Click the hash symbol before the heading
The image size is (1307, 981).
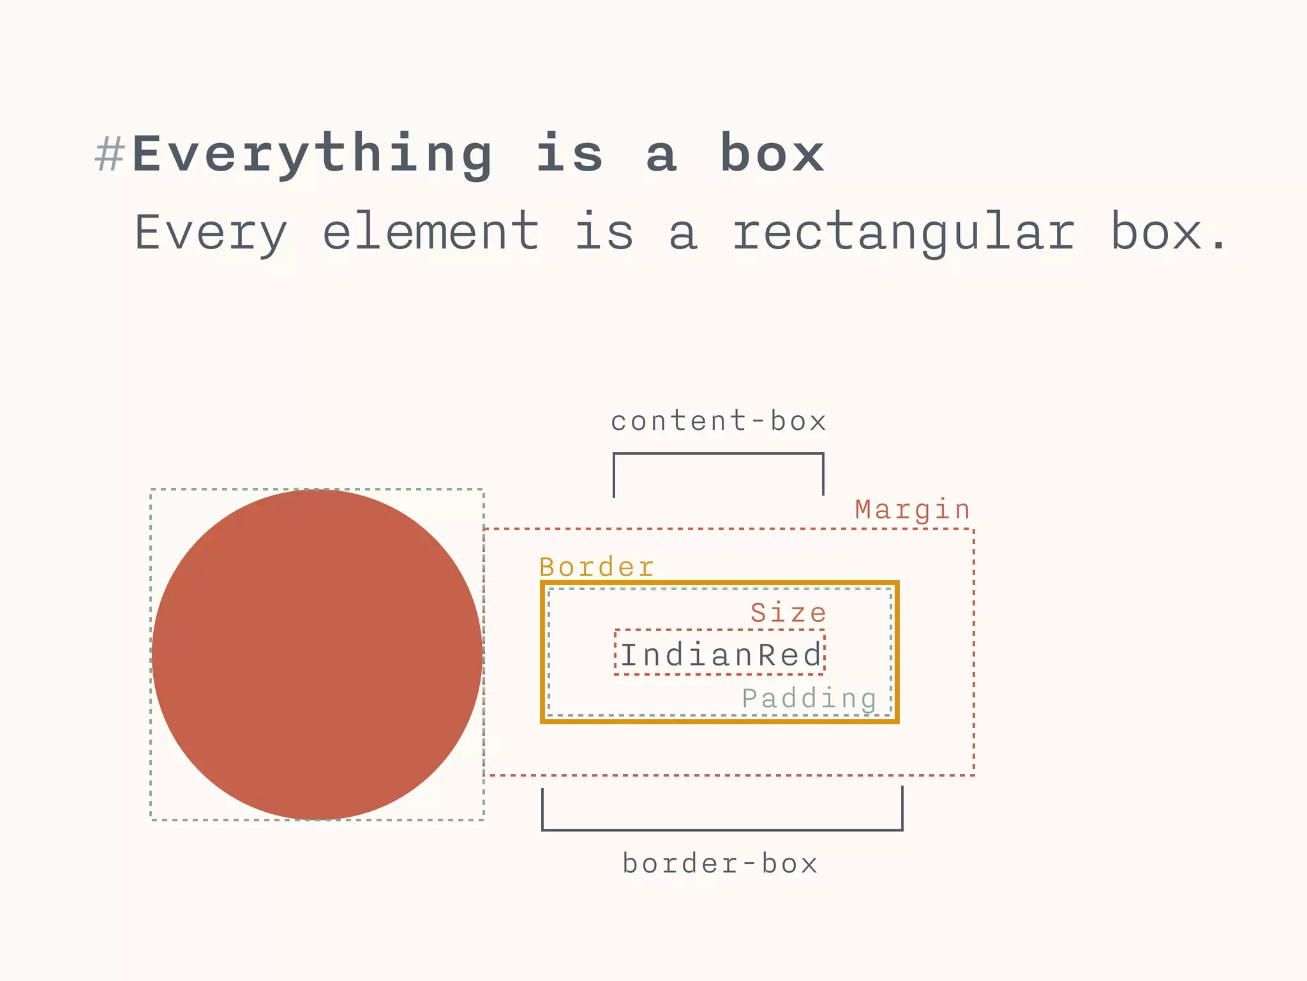click(x=109, y=155)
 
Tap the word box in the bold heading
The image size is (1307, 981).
click(x=772, y=155)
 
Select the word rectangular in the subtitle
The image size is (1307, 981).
click(x=904, y=233)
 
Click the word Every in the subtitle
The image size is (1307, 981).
click(x=211, y=233)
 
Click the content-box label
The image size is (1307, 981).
click(x=719, y=422)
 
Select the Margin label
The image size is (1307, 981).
click(x=913, y=510)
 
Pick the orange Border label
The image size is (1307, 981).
click(x=597, y=567)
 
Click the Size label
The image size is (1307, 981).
click(x=788, y=613)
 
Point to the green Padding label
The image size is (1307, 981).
click(x=809, y=699)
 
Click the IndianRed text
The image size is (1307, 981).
click(x=721, y=655)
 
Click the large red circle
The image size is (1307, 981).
click(x=317, y=654)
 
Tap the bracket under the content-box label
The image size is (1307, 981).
click(x=719, y=455)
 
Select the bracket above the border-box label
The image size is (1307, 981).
click(x=722, y=829)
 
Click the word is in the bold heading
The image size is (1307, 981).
click(x=569, y=155)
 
